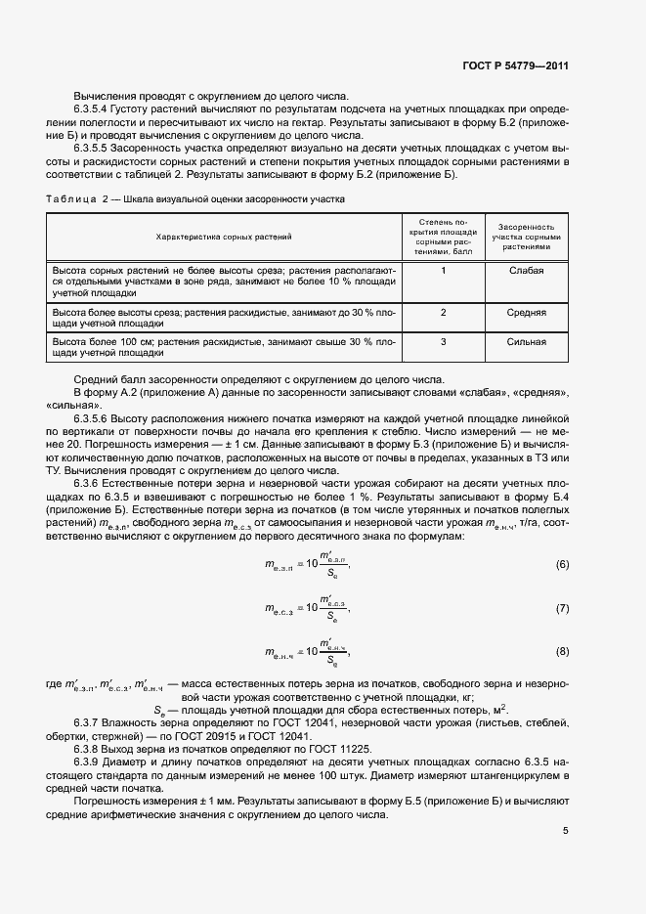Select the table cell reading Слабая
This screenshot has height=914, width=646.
(x=526, y=270)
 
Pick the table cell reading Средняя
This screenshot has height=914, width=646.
(x=526, y=313)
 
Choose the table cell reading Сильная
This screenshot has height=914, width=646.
(x=526, y=342)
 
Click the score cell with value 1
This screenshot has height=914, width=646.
(x=443, y=270)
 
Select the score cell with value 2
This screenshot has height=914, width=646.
(x=443, y=313)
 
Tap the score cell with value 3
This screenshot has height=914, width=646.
(x=443, y=342)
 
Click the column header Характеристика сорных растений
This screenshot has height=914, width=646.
(x=224, y=237)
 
